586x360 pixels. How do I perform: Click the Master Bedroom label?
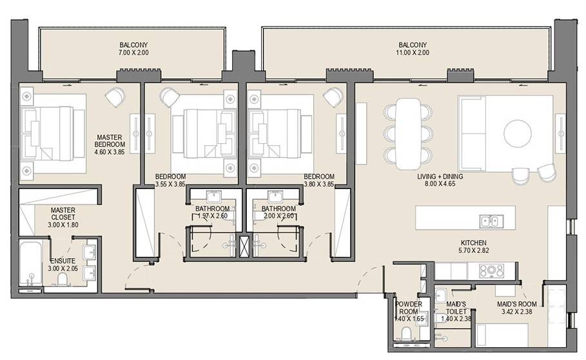click(110, 141)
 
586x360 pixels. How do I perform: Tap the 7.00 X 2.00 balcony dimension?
click(133, 53)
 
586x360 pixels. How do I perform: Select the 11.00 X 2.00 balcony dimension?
click(412, 53)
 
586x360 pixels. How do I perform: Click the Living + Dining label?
click(440, 176)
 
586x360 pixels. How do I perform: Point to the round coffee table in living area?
click(518, 134)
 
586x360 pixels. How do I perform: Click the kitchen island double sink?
click(491, 221)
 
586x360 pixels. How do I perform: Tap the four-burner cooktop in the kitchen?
click(491, 271)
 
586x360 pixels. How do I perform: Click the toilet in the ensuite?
click(63, 279)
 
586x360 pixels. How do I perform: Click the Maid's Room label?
click(517, 305)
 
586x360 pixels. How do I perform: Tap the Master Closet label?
click(63, 214)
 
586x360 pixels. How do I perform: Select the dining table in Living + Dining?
click(408, 134)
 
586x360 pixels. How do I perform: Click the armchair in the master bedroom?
click(115, 97)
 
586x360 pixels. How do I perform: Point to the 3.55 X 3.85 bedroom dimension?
click(170, 184)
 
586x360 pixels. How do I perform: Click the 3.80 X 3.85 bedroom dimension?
click(319, 184)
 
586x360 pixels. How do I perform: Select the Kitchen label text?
click(474, 243)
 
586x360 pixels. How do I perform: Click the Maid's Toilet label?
click(456, 308)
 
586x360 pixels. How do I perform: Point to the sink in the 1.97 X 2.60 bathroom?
click(214, 197)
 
